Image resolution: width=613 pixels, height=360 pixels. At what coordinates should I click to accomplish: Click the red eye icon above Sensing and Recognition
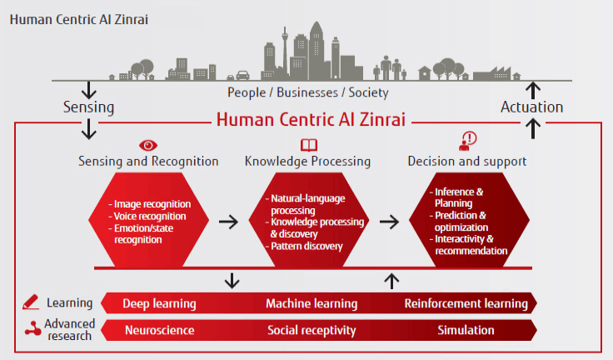coord(148,146)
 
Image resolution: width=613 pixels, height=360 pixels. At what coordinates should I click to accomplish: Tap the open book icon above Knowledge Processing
coord(309,145)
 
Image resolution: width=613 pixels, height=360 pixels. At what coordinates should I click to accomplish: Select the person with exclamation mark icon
coord(467,141)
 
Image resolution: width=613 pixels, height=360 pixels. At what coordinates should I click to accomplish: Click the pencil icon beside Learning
coord(31,302)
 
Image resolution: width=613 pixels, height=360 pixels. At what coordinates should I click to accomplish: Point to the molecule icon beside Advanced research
coord(32,329)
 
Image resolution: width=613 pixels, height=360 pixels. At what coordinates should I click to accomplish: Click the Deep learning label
coord(160,303)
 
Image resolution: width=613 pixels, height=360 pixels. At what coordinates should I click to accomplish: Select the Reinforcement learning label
coord(466,303)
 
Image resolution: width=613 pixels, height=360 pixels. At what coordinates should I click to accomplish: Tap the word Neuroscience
coord(160,330)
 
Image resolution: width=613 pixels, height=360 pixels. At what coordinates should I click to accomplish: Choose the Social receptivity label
coord(311,331)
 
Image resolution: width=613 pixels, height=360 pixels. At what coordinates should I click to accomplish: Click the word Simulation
coord(466,330)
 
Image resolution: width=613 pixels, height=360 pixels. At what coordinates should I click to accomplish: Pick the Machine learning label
coord(311,303)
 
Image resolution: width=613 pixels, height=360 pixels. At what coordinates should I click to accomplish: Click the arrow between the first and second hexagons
coord(229,222)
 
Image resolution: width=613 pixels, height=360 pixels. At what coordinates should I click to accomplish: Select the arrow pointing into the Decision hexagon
coord(390,222)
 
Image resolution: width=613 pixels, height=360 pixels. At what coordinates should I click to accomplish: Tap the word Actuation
coord(531,107)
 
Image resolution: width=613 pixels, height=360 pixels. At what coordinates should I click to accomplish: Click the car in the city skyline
coord(242,75)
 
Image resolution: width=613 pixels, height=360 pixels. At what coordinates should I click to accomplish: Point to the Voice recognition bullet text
coord(150,217)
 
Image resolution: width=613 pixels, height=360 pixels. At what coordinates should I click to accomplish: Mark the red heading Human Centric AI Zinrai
coord(311,119)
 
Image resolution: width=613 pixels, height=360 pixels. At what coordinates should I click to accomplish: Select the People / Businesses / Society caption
coord(308,92)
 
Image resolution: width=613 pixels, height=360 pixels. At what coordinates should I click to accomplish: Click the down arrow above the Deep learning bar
coord(232,281)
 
